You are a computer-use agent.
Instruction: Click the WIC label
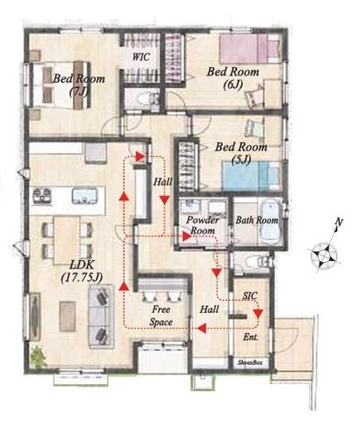click(x=141, y=56)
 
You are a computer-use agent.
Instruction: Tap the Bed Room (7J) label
click(x=79, y=85)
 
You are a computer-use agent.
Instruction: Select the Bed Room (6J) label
click(x=233, y=78)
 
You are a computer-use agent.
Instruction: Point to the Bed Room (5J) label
click(x=241, y=153)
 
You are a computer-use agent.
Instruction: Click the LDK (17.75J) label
click(x=82, y=272)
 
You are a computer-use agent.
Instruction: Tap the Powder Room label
click(x=203, y=225)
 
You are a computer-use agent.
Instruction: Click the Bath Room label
click(x=257, y=220)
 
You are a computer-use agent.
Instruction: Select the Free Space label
click(x=161, y=316)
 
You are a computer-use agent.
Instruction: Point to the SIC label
click(x=250, y=295)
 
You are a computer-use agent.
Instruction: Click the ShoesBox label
click(x=250, y=362)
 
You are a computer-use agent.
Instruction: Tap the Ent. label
click(x=251, y=337)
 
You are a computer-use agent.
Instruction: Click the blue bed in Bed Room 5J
click(x=252, y=176)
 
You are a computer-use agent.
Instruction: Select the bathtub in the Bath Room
click(x=271, y=222)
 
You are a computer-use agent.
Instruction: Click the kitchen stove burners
click(x=42, y=195)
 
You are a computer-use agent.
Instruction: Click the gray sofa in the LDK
click(x=101, y=316)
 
